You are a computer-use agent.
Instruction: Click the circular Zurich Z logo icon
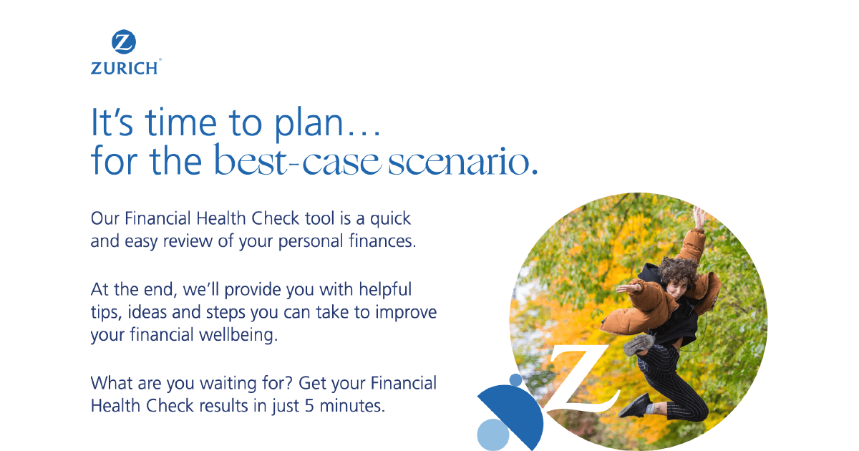(124, 42)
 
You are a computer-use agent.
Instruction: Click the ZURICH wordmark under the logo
(124, 68)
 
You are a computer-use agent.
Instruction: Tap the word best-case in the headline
(297, 163)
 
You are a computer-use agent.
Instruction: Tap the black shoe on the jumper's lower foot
(634, 407)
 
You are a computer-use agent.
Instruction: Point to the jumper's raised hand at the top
(699, 215)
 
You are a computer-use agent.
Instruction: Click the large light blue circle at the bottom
(492, 434)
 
